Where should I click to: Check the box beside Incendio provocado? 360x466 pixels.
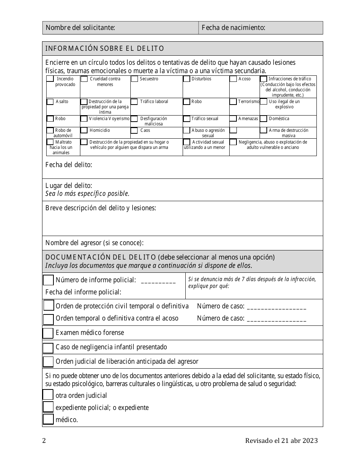50,79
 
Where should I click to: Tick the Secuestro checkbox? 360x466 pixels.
135,79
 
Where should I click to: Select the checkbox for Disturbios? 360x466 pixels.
186,79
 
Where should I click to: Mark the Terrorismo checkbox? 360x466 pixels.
233,102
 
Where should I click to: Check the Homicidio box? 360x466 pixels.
84,130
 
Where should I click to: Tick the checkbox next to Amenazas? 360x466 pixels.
233,119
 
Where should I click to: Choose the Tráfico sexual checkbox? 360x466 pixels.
186,119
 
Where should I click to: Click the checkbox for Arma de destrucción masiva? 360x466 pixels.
263,130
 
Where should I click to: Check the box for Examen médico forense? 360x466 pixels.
48,333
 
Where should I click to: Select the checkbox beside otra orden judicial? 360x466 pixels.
48,395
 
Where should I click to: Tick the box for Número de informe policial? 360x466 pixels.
48,280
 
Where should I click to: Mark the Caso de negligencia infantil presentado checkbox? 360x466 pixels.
48,347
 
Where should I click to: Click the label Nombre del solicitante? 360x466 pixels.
80,28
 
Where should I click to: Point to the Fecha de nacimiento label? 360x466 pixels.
233,28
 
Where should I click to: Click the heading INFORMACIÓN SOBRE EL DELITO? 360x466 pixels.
105,48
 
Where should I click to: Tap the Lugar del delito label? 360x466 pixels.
69,186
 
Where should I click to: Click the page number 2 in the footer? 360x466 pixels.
44,441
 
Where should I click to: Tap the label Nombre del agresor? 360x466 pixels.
94,243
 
